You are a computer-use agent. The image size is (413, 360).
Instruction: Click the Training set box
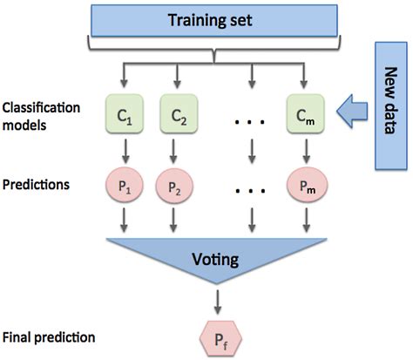point(214,18)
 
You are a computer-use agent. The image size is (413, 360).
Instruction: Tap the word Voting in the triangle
point(214,259)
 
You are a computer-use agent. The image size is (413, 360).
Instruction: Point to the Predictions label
point(37,185)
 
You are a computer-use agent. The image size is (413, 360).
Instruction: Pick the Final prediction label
point(49,336)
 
